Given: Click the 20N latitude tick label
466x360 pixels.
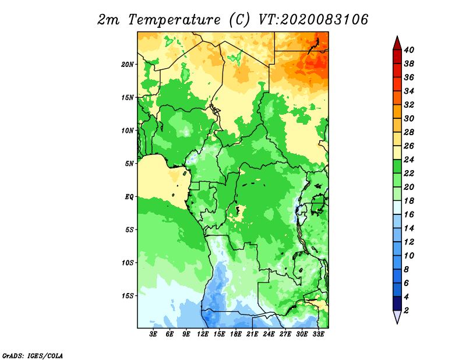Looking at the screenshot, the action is click(x=128, y=65).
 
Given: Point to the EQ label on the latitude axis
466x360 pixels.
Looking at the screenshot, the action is click(x=129, y=197).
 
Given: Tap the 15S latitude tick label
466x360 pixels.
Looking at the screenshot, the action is click(x=128, y=296).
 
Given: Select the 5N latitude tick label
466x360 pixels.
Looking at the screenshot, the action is click(x=129, y=164).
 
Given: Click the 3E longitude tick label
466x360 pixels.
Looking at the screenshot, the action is click(x=153, y=334).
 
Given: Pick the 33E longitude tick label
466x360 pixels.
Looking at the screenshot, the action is click(x=318, y=334).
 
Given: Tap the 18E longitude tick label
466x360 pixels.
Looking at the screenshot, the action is click(x=236, y=334).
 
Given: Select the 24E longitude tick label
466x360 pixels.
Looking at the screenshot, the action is click(x=269, y=334).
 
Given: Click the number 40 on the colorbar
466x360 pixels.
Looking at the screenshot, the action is click(x=409, y=50).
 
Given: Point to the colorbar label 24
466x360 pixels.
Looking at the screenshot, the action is click(x=409, y=160).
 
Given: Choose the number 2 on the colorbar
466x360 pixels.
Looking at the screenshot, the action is click(x=406, y=310).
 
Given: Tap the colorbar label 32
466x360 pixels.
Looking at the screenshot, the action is click(x=409, y=105).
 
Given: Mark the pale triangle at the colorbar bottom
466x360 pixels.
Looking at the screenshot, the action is click(x=397, y=316).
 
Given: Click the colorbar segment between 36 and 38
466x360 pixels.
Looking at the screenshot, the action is click(x=397, y=70).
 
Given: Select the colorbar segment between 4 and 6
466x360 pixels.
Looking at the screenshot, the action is click(x=397, y=290).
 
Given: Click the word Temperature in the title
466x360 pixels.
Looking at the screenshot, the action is click(x=174, y=20).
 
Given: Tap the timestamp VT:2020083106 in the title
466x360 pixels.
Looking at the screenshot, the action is click(x=313, y=20).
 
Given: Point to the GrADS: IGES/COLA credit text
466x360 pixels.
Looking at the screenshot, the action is click(x=33, y=356).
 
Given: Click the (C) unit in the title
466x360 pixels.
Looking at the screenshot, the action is click(x=239, y=20).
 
